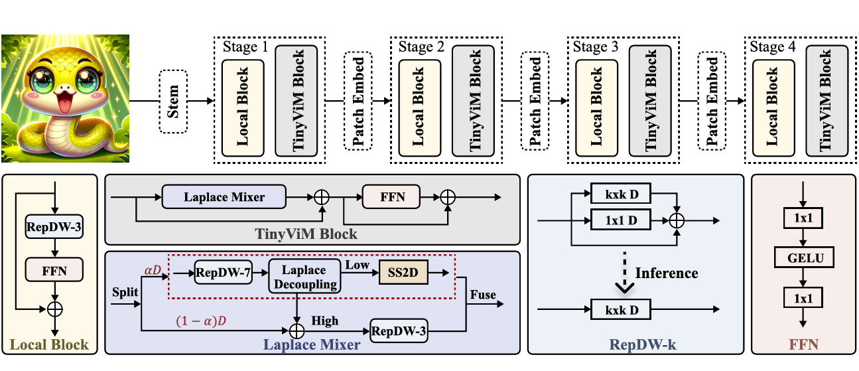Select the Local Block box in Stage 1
click(x=243, y=108)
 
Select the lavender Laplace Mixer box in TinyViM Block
click(x=224, y=197)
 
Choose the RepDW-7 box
click(x=224, y=272)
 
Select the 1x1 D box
click(x=621, y=219)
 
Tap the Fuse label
click(x=482, y=294)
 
